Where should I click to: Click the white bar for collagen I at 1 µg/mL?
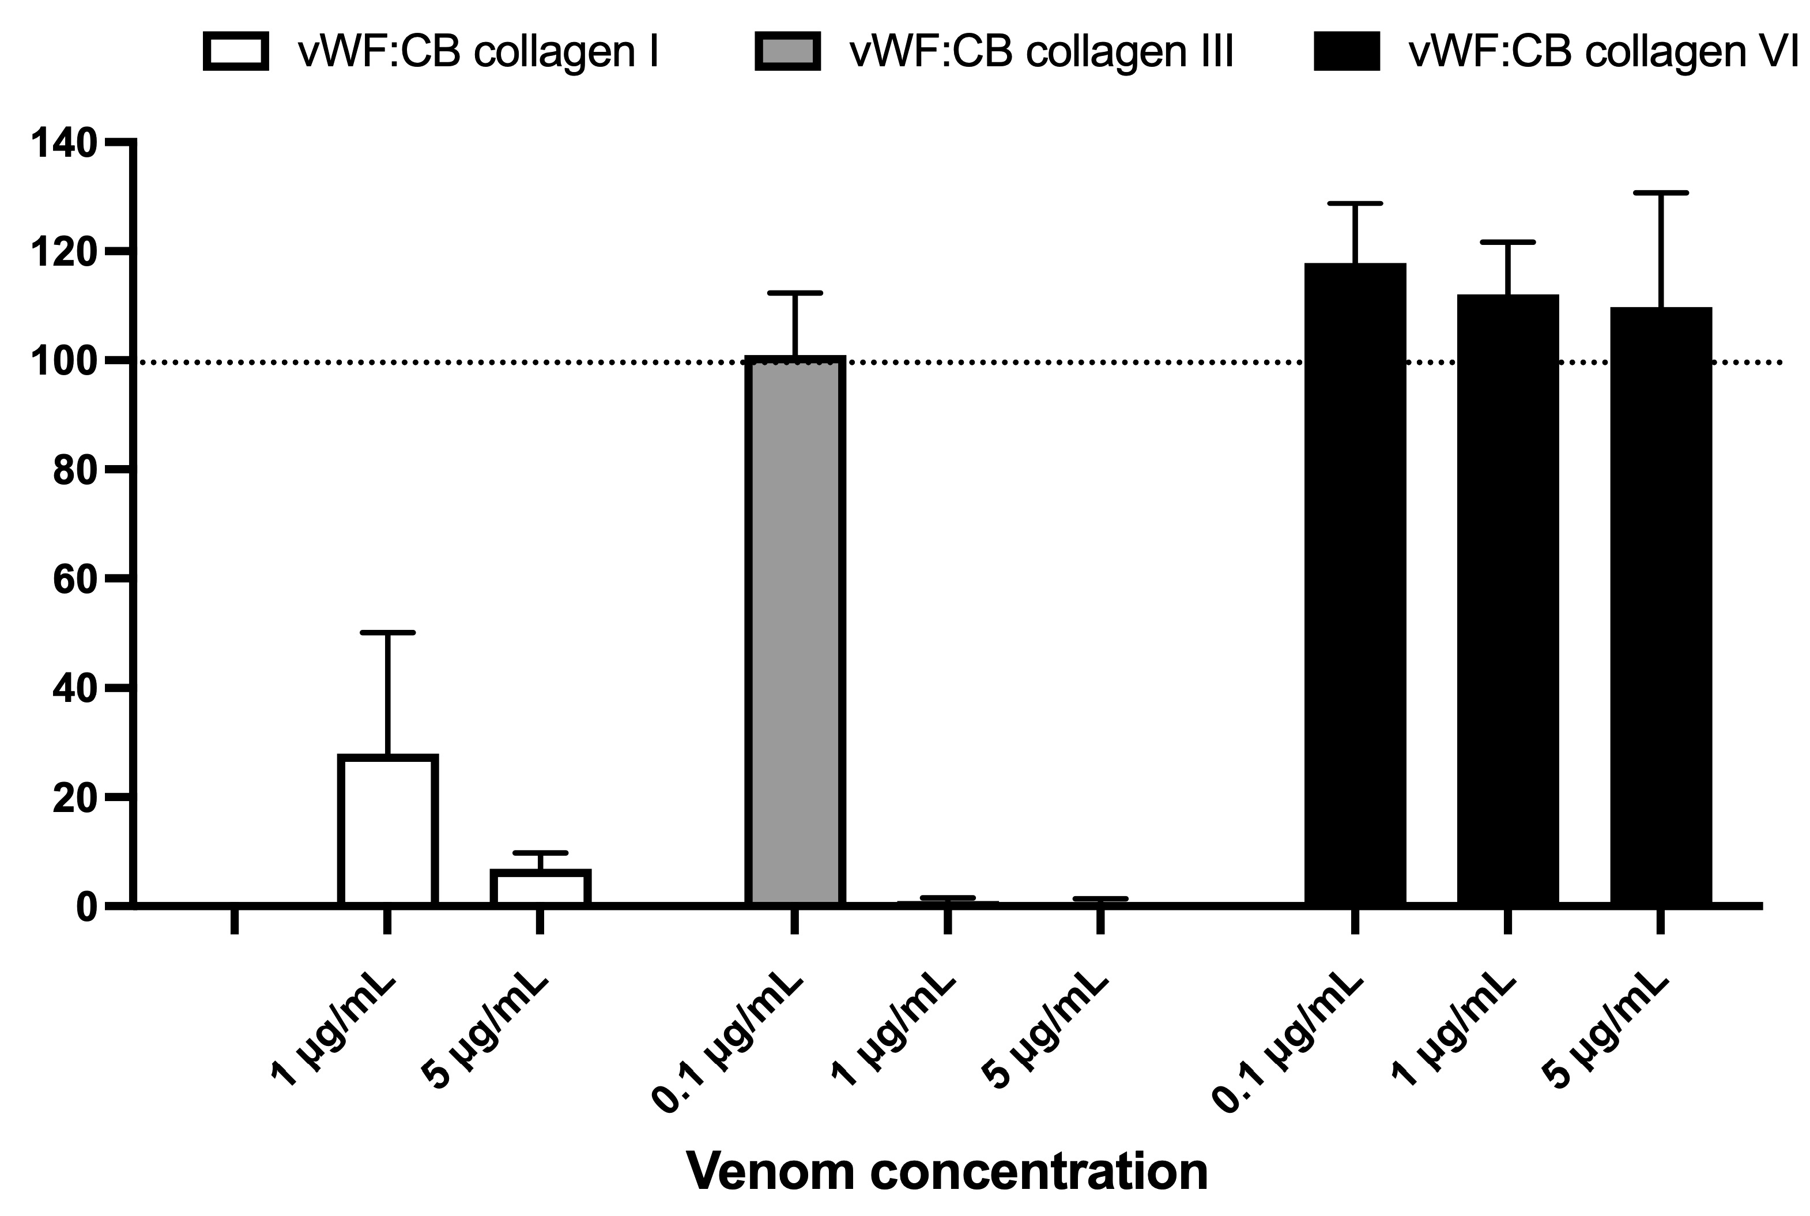point(388,830)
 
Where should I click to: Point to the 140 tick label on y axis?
point(63,143)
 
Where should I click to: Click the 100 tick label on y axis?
point(63,362)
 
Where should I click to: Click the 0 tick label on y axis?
point(85,907)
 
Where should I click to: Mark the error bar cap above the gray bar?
point(795,293)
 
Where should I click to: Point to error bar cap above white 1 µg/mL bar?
point(388,633)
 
